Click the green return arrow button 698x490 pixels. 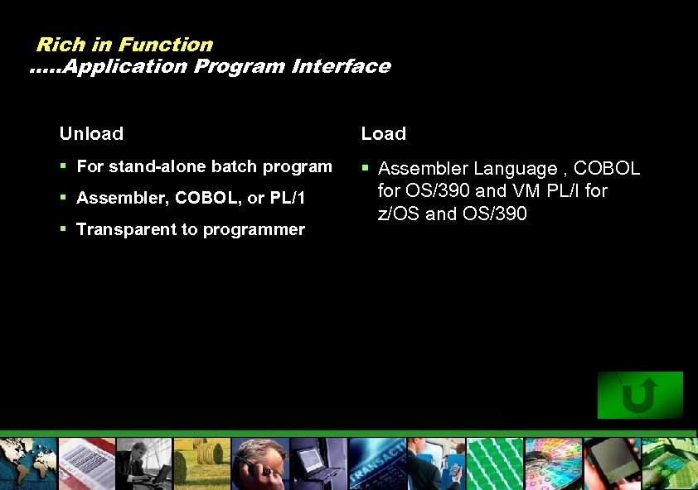click(639, 395)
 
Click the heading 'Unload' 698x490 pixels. click(91, 133)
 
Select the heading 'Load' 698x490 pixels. click(383, 133)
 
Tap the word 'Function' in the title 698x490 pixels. click(165, 45)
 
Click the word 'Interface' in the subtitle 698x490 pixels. click(341, 66)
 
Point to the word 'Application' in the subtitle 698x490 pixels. click(124, 66)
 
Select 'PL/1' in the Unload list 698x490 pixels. click(288, 198)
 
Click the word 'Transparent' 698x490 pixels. click(122, 229)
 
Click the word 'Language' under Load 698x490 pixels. click(515, 169)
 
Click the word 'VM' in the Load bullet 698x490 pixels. click(519, 191)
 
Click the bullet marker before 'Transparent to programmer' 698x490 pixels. click(63, 228)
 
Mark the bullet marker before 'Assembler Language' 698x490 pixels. click(365, 168)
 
